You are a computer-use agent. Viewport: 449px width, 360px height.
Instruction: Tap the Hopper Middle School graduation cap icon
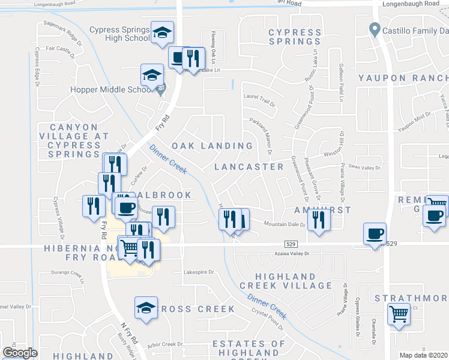[x=152, y=76]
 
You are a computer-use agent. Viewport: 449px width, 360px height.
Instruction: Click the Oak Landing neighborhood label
[x=212, y=146]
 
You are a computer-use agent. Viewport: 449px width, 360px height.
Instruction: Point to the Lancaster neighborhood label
[x=249, y=166]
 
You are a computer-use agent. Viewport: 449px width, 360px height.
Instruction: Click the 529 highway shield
[x=291, y=244]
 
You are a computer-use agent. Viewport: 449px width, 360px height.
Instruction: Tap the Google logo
[x=19, y=353]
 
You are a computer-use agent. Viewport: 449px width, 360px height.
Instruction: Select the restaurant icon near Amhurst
[x=319, y=220]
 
